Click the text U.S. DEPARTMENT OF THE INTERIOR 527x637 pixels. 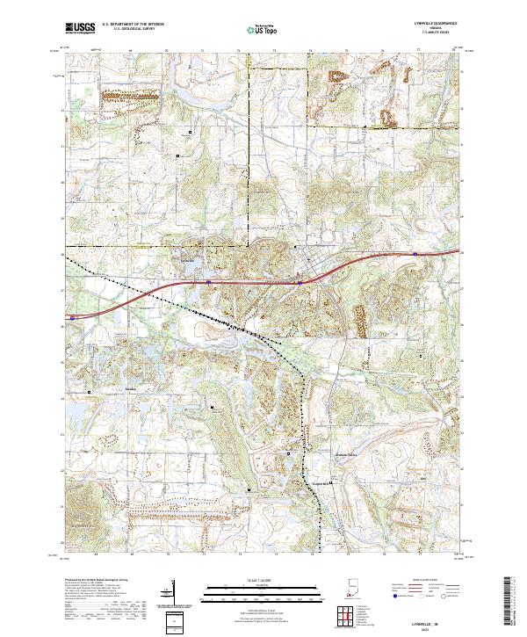tap(132, 25)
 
